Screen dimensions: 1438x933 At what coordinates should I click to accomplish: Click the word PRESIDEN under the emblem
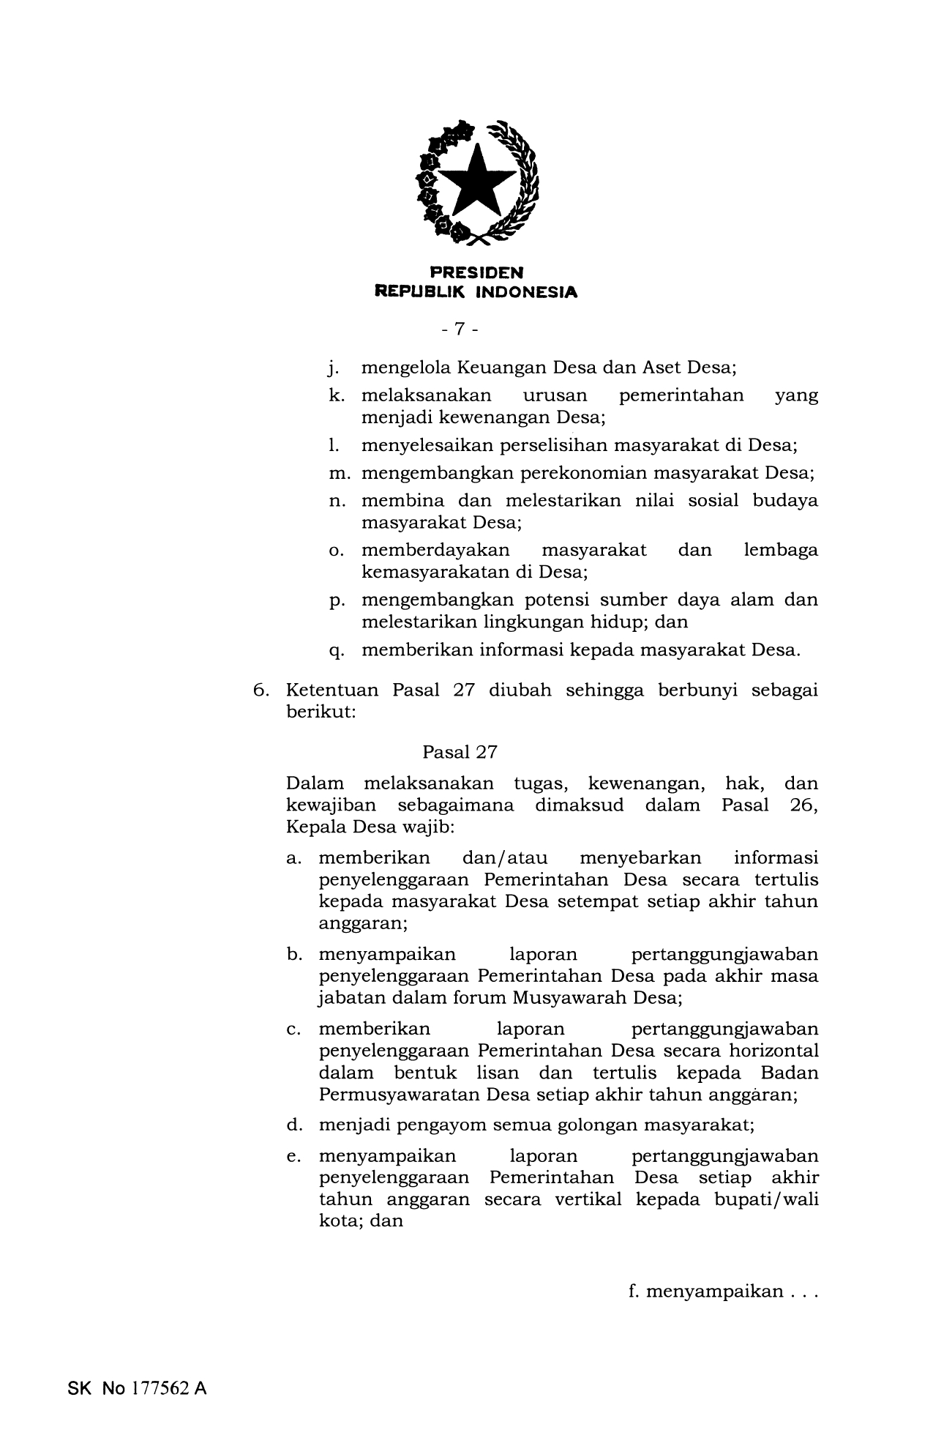[x=476, y=273]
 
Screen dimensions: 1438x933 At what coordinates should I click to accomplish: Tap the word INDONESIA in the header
[x=526, y=292]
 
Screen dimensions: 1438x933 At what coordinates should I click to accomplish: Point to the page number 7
[x=460, y=329]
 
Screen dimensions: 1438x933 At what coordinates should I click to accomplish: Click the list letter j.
[x=332, y=368]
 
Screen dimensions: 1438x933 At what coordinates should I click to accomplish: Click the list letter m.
[x=337, y=473]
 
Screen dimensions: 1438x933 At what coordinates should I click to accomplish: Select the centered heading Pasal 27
[x=460, y=752]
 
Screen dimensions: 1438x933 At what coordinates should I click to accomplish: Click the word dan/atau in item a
[x=504, y=857]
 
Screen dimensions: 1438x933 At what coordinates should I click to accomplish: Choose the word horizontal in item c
[x=773, y=1051]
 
